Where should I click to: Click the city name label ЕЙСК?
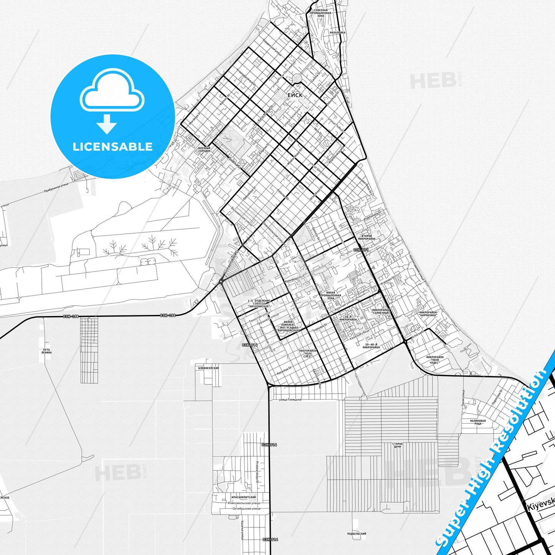coord(295,95)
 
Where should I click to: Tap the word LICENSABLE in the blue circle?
coord(113,147)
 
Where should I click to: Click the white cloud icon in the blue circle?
coord(112,91)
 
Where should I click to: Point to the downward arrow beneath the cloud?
coord(107,124)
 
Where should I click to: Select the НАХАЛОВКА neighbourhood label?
coord(338,33)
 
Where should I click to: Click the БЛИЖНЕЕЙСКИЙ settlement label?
coord(209,368)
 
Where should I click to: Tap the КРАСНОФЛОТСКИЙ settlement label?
coord(244,497)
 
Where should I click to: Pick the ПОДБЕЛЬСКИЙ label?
coord(356,533)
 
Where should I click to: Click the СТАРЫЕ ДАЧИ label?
coord(398,445)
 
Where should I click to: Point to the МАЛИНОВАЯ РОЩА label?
coord(478,422)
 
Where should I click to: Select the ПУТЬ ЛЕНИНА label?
coord(46,351)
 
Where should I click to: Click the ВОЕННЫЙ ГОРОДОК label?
coord(204,149)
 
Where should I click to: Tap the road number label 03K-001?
coord(361,250)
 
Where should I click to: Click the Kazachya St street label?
coord(284,370)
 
